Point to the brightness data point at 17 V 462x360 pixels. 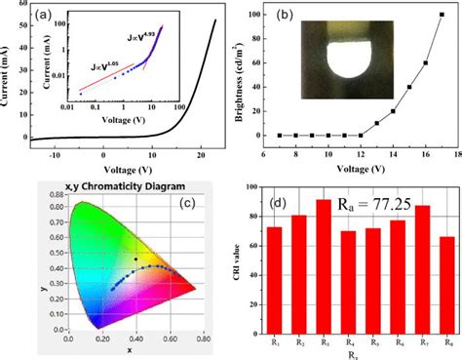[442, 15]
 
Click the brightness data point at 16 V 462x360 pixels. [425, 63]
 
